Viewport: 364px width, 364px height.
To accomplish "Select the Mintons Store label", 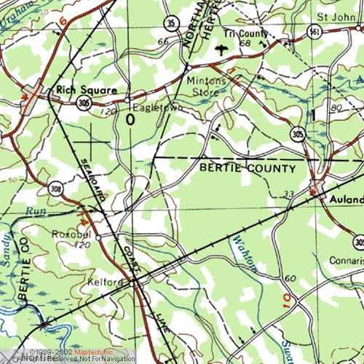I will click(202, 86).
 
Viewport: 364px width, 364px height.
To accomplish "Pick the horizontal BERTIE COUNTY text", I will click(247, 169).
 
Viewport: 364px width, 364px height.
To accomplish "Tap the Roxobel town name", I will click(70, 234).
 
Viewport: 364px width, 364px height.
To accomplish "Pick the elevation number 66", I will click(162, 42).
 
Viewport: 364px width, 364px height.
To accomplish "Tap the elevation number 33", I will click(289, 194).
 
